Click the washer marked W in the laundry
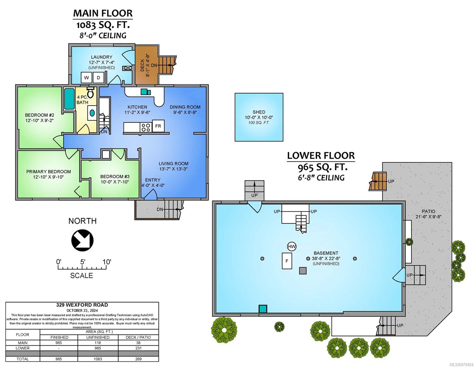point(86,78)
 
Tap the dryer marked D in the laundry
point(98,78)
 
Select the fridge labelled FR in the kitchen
point(158,126)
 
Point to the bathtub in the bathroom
point(69,98)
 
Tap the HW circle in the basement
point(291,247)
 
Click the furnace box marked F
point(287,261)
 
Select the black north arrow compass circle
point(82,240)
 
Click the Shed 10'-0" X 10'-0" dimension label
point(259,117)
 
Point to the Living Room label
point(173,164)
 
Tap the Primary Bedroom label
point(49,172)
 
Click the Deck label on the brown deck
point(142,65)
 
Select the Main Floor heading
point(103,13)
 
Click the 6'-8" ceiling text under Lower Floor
point(321,177)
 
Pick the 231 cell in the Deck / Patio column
point(138,348)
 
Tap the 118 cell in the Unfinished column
point(98,343)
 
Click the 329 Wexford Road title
point(82,305)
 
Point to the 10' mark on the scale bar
point(107,262)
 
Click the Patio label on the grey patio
point(429,211)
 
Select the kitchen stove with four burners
point(146,127)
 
